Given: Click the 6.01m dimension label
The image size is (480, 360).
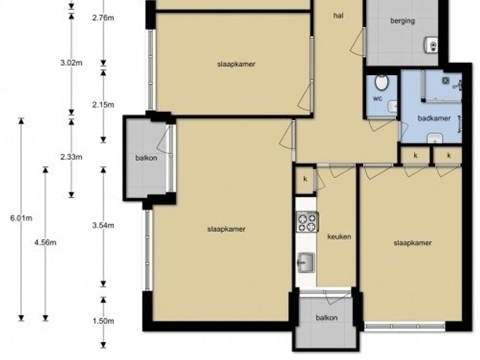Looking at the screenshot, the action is point(21,218).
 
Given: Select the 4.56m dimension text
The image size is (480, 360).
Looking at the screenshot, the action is point(45,243).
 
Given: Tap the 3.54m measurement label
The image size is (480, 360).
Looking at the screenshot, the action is point(103,226).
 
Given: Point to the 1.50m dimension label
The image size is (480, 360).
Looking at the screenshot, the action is point(103,321).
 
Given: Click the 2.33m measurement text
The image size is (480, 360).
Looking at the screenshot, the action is point(71,157).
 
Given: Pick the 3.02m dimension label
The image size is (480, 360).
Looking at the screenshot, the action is point(71,63).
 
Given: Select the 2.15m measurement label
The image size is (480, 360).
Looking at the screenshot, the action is point(103,105).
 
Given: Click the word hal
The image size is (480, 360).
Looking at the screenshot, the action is point(338,15).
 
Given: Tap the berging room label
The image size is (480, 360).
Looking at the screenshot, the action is point(403,21).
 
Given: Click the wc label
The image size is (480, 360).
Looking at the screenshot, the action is point(377,98).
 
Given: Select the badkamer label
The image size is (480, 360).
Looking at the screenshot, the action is point(434,118).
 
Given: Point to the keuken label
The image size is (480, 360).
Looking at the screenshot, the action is point(339,237).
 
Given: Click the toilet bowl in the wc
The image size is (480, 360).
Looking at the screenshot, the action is point(382,82).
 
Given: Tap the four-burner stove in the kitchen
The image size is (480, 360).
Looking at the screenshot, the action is point(307,222).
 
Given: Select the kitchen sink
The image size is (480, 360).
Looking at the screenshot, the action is point(306,262).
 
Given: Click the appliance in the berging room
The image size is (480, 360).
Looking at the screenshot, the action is point(431,45).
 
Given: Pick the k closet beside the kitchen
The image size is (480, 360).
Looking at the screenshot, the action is point(305,179).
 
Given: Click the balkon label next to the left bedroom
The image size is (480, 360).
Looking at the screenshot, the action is point(146,158).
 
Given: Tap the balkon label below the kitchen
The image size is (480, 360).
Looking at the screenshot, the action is point(327,318).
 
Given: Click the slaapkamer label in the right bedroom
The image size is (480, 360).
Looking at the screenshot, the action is point(412,243).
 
